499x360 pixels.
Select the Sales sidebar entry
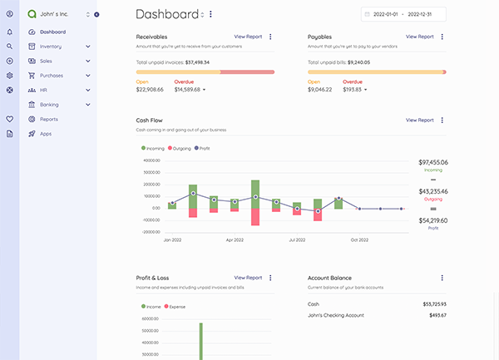(x=46, y=61)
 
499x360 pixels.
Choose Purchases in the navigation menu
(x=52, y=76)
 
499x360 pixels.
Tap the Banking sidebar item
(x=49, y=105)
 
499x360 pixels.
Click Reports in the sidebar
(x=48, y=119)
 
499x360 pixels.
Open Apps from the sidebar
(x=46, y=134)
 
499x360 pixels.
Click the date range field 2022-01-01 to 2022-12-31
(x=404, y=14)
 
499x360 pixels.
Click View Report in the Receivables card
(x=248, y=37)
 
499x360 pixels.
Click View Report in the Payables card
(x=419, y=37)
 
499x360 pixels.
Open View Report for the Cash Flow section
(x=419, y=120)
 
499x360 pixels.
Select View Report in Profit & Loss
(x=248, y=278)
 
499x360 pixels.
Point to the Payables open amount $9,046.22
(x=319, y=89)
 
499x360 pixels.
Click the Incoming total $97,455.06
(x=432, y=163)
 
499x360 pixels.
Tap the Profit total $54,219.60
(x=432, y=220)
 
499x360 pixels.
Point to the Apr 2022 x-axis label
(x=235, y=239)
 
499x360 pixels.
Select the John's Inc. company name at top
(x=54, y=14)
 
